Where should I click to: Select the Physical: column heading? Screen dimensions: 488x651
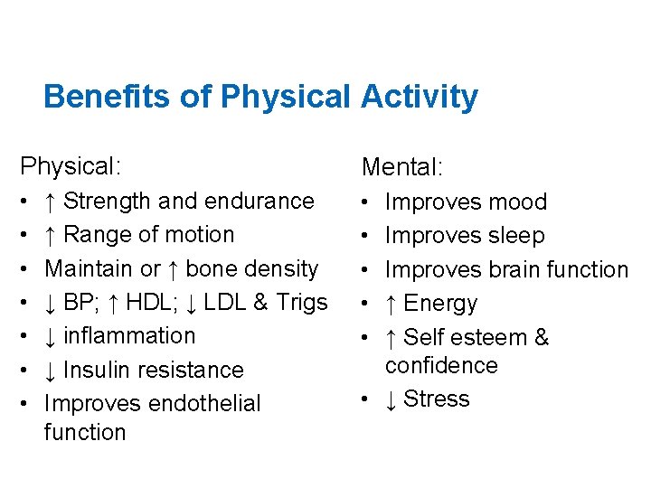coord(71,165)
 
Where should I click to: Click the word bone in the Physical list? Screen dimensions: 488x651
coord(210,268)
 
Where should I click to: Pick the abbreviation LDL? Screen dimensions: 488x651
coord(229,302)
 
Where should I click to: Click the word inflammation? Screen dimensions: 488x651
coord(129,335)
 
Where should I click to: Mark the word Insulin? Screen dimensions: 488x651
coord(102,370)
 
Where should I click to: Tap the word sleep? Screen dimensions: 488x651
coord(514,236)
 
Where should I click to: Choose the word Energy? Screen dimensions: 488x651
coord(440,304)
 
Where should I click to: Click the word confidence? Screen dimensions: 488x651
coord(441,365)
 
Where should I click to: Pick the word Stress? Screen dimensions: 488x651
coord(437,399)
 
